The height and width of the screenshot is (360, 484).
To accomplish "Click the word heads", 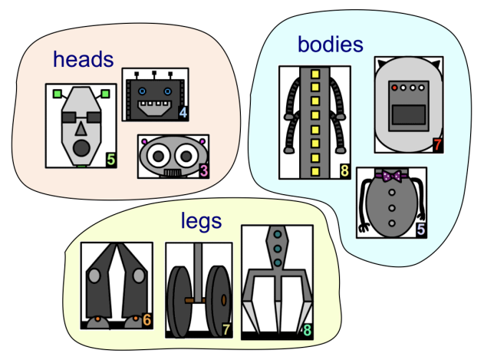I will coord(83,59).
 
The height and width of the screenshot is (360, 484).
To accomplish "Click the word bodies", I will coord(330,45).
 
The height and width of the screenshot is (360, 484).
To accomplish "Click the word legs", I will coord(201,221).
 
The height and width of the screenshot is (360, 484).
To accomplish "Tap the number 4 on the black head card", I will coord(183,113).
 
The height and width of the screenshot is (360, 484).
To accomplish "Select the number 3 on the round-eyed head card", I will coord(204,170).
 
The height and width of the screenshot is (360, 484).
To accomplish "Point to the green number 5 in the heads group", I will coord(111,160).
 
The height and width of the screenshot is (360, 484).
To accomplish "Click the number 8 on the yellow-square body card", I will coord(344,170).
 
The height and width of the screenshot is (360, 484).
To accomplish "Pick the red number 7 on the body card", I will coord(437,144).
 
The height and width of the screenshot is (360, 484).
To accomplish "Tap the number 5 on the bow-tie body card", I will coord(420,228).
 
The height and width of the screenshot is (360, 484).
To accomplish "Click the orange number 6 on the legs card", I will coord(147,320).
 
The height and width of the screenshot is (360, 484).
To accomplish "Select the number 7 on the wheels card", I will coord(226,329).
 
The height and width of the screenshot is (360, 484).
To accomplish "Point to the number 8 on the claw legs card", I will coord(307,331).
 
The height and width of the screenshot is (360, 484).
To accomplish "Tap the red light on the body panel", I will coord(395,88).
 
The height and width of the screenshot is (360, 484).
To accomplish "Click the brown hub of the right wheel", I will coord(223,300).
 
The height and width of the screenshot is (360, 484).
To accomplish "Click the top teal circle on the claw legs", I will coord(277,236).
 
